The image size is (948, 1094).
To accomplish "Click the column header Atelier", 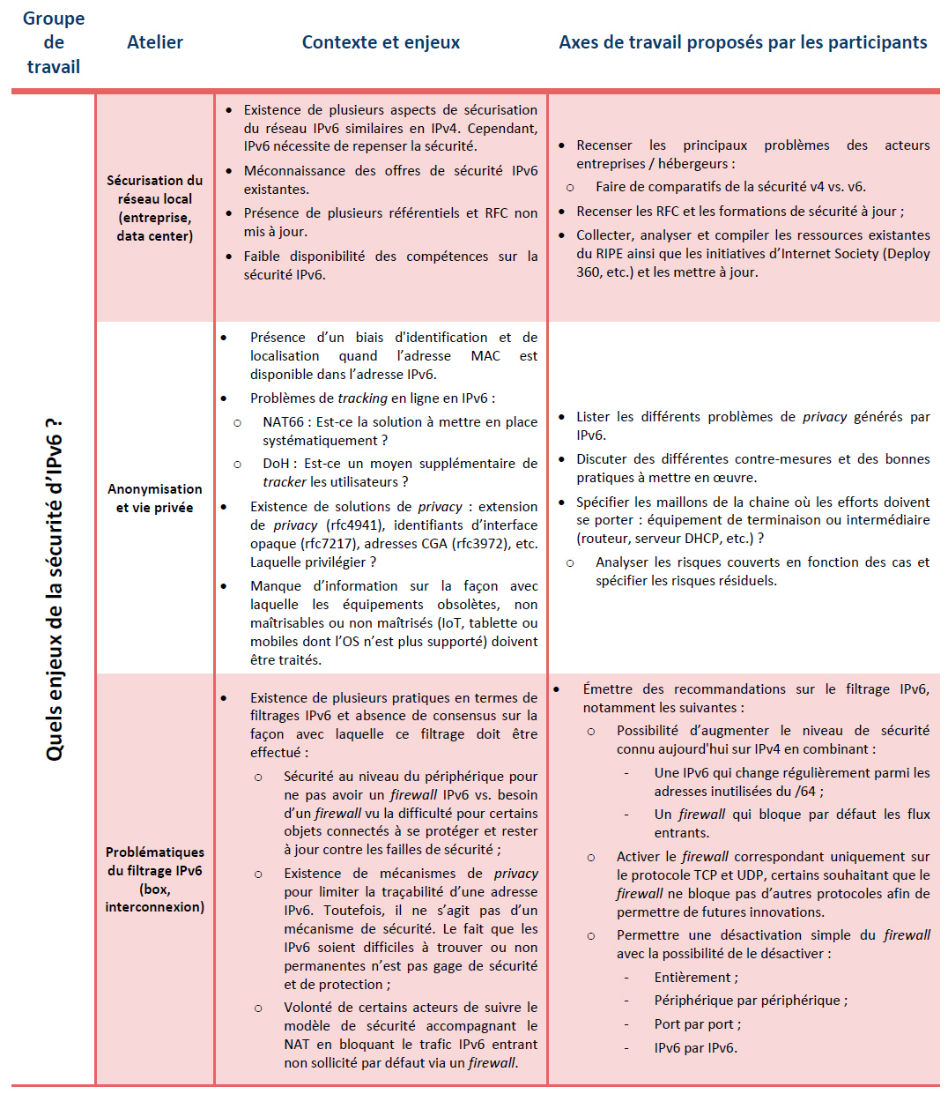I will pos(155,42).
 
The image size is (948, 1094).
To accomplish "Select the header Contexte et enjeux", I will pos(381,42).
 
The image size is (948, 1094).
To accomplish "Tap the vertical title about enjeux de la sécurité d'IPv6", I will pos(55,589).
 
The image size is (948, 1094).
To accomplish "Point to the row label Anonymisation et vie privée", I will pos(155,498).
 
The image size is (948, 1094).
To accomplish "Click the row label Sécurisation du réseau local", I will pos(155,208).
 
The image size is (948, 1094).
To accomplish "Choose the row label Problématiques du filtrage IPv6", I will pos(155,879).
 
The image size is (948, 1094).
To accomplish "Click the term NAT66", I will pos(285,422).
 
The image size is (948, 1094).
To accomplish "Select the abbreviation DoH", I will pos(276,464).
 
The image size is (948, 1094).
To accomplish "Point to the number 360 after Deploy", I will pos(590,272).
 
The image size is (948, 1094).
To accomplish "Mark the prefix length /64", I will pos(805,792).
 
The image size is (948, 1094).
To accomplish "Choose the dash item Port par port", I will pos(696,1024).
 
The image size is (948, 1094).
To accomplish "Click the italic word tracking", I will pos(362,398).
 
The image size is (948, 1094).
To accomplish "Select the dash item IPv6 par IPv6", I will pos(695,1048).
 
